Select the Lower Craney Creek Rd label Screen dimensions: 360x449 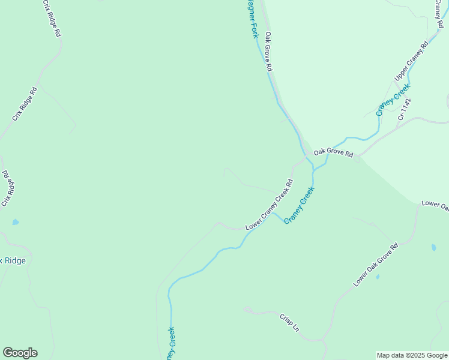pyautogui.click(x=269, y=205)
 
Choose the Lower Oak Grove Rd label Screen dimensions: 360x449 pyautogui.click(x=376, y=265)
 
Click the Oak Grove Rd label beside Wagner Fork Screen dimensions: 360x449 pyautogui.click(x=269, y=52)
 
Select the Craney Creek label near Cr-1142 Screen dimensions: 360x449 pyautogui.click(x=393, y=99)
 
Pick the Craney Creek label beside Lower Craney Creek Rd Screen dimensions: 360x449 pyautogui.click(x=299, y=205)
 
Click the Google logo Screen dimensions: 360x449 pyautogui.click(x=20, y=353)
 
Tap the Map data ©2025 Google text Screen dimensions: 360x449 pyautogui.click(x=412, y=355)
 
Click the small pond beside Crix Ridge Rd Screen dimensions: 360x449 pyautogui.click(x=15, y=222)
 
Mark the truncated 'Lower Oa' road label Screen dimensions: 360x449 pyautogui.click(x=435, y=205)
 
